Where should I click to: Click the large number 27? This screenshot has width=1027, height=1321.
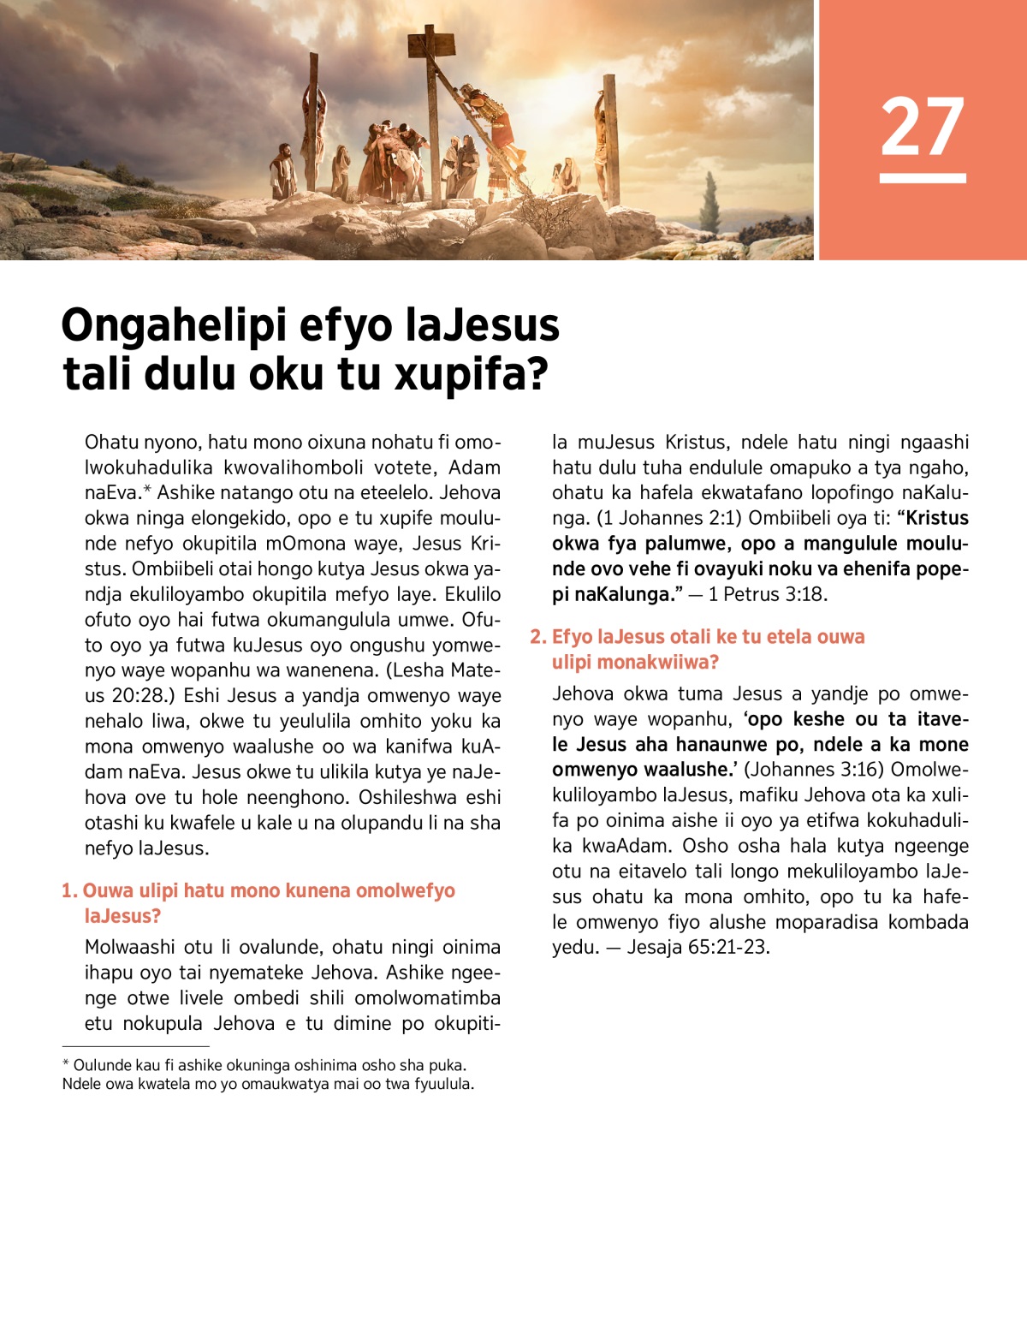pos(923,127)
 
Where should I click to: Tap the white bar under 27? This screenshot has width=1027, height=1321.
pos(923,178)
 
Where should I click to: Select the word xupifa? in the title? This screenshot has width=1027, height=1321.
pos(471,374)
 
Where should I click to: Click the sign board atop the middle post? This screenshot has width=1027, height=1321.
pos(430,42)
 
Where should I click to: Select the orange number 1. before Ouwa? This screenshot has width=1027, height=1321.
pos(68,891)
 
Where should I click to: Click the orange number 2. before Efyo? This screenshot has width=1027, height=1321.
pos(537,637)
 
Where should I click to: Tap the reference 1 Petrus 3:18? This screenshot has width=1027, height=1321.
pos(767,594)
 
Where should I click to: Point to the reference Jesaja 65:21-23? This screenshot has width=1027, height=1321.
pos(698,947)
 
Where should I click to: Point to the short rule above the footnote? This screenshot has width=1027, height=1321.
pos(135,1046)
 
